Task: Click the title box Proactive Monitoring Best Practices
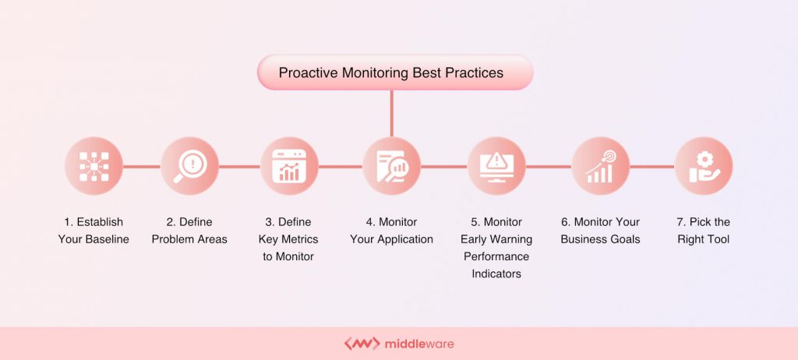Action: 394,73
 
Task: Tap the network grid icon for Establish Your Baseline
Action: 94,166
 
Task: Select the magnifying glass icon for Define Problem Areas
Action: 189,166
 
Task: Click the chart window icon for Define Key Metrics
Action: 289,166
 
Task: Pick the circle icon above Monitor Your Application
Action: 391,166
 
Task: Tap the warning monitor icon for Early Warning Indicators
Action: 496,166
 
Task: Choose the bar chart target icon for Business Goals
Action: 600,166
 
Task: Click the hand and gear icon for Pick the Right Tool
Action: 703,166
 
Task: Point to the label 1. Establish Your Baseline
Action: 94,231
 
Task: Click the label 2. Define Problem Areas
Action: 189,231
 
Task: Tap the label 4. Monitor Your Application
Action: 391,231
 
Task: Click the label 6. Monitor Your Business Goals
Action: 600,231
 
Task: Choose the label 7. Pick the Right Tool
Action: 703,231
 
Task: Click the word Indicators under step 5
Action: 496,274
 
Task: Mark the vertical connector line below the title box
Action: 391,113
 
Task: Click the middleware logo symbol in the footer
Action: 362,344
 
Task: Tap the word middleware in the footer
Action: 418,344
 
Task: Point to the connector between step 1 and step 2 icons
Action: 141,166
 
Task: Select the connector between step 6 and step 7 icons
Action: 651,166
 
